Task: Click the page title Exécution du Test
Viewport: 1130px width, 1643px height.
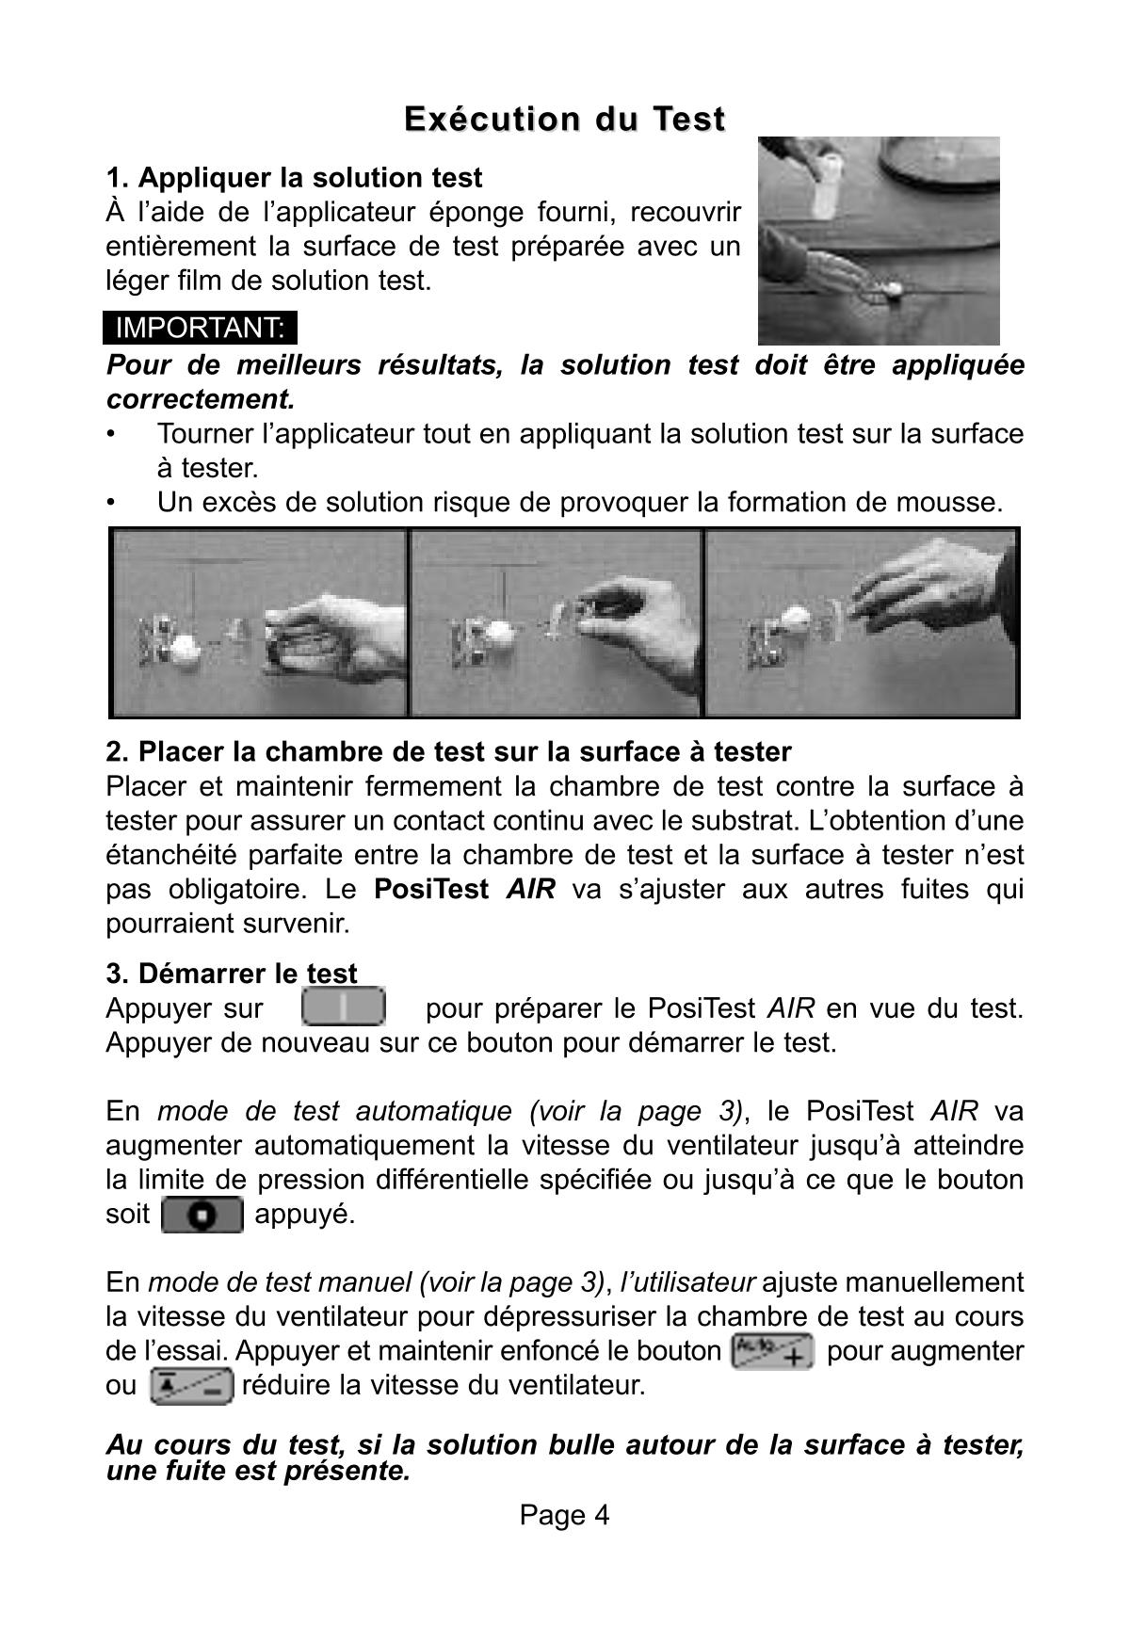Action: pyautogui.click(x=564, y=120)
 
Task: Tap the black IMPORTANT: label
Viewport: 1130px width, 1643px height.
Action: pyautogui.click(x=200, y=328)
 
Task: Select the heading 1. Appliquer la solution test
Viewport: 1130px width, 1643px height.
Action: pyautogui.click(x=294, y=178)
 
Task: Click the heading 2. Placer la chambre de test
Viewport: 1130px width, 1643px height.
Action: pyautogui.click(x=448, y=751)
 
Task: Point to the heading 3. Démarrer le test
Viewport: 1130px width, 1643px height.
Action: pyautogui.click(x=232, y=973)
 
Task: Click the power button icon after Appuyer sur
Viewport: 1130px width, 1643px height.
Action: pyautogui.click(x=344, y=1007)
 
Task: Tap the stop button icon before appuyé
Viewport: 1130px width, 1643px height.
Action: pyautogui.click(x=202, y=1215)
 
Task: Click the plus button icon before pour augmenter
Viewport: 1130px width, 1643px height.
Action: pyautogui.click(x=772, y=1351)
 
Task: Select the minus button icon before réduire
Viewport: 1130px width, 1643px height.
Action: pyautogui.click(x=190, y=1386)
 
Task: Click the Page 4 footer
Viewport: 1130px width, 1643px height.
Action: pyautogui.click(x=564, y=1514)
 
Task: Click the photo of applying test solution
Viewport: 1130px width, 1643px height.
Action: pyautogui.click(x=878, y=241)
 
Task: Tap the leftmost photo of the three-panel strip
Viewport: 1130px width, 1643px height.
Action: pyautogui.click(x=260, y=622)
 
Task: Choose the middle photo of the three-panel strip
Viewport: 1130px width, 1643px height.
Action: pyautogui.click(x=556, y=622)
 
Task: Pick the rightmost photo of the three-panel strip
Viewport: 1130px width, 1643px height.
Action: pyautogui.click(x=861, y=622)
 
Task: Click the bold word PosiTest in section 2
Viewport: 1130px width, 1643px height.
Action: pyautogui.click(x=430, y=889)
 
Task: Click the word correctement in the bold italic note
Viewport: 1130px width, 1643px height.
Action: pyautogui.click(x=200, y=399)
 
